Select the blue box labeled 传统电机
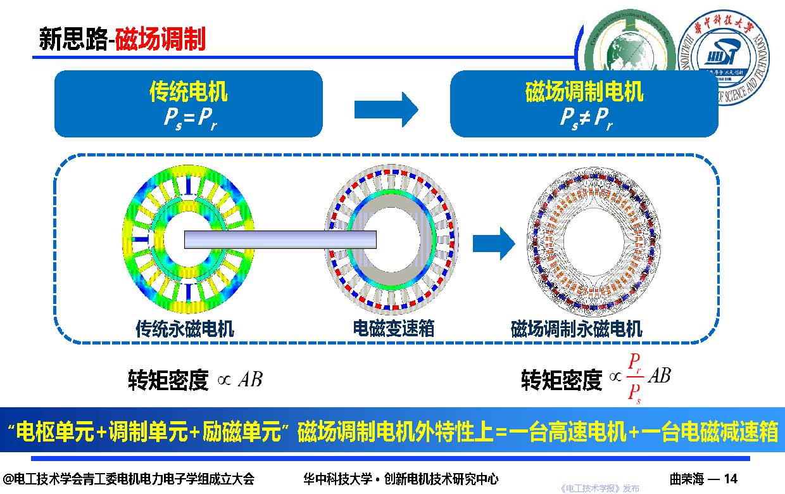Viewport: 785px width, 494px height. tap(188, 104)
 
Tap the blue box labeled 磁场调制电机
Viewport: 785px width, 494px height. tap(584, 104)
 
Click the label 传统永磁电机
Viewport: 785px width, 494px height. tap(185, 329)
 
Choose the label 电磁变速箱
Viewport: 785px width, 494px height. tap(393, 328)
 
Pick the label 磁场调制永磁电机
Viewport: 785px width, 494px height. tap(576, 329)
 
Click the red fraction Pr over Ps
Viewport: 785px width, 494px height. tap(635, 377)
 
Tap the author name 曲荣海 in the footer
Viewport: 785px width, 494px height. tap(686, 479)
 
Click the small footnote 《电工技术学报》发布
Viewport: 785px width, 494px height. tap(600, 488)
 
